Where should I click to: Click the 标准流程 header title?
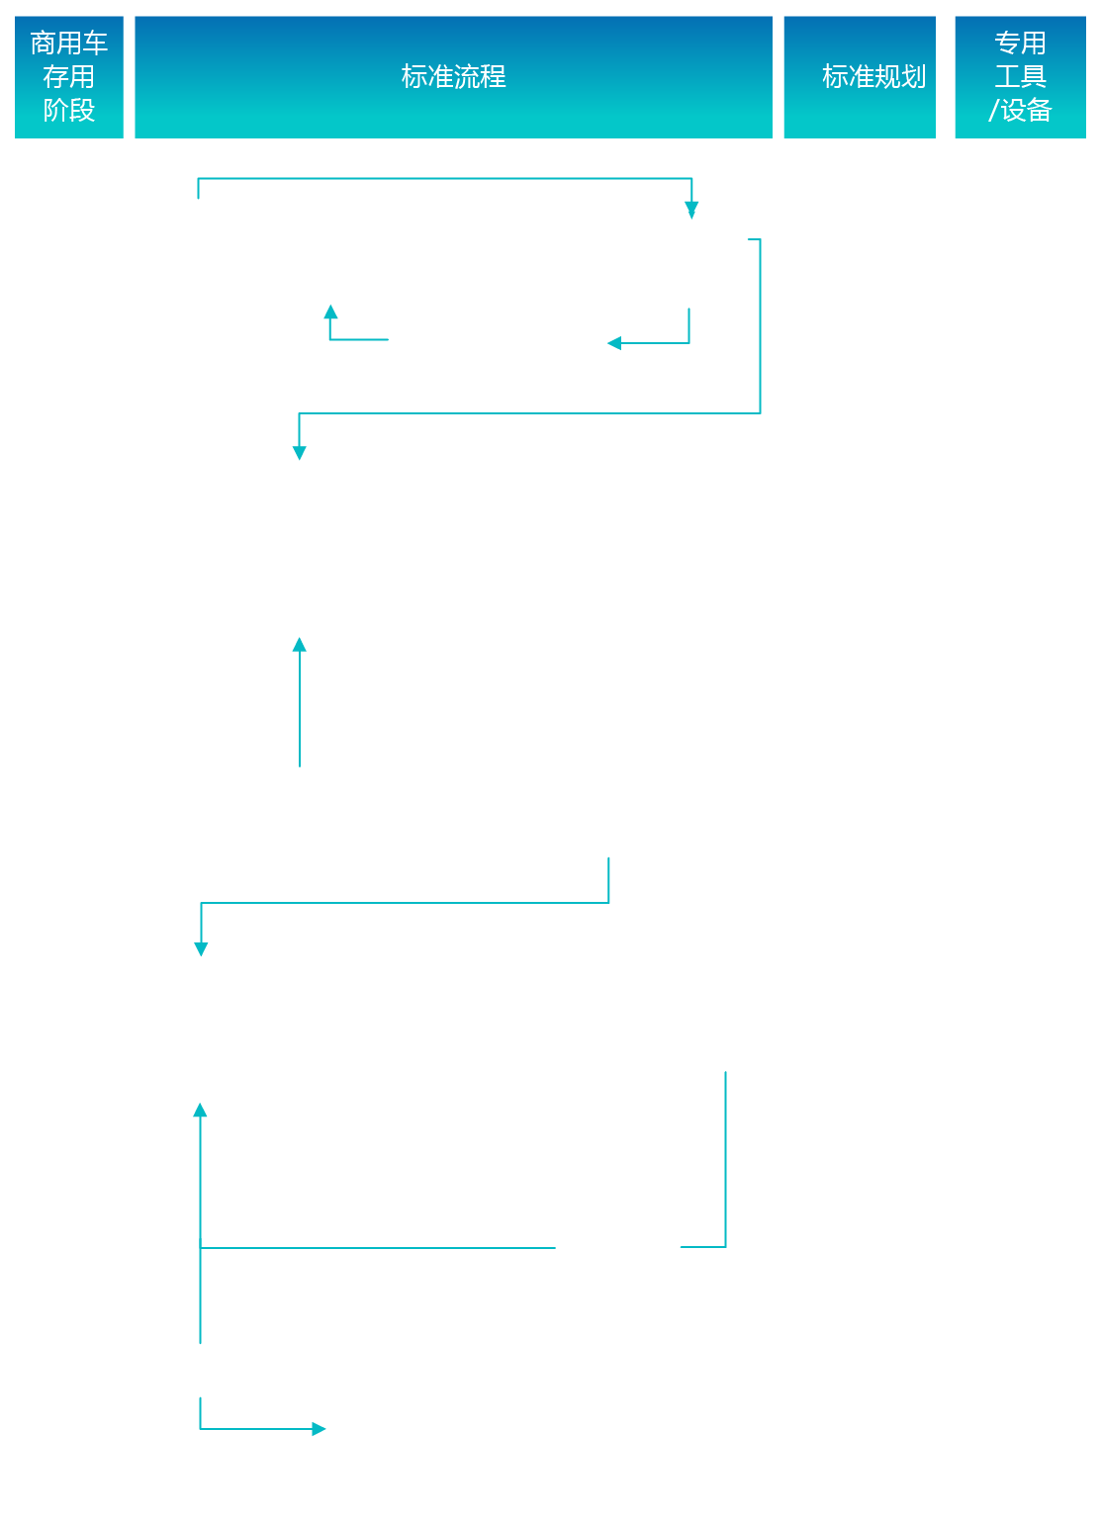[x=453, y=77]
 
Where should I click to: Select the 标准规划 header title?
[x=873, y=77]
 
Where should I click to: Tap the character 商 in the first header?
[x=44, y=44]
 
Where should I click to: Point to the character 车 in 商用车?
[x=95, y=44]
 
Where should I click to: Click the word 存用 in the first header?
[x=68, y=77]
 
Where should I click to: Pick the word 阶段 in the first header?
[x=68, y=110]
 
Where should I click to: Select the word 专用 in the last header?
[x=1020, y=44]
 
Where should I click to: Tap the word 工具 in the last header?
[x=1020, y=77]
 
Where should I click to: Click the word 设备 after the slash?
[x=1027, y=110]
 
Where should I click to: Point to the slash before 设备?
[x=994, y=110]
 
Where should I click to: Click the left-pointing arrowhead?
[x=614, y=343]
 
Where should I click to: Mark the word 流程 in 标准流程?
[x=480, y=77]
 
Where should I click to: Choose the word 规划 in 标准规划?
[x=900, y=77]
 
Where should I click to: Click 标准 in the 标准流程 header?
[x=427, y=77]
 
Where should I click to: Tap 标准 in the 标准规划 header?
[x=848, y=77]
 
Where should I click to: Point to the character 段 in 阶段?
[x=82, y=110]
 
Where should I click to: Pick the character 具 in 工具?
[x=1034, y=77]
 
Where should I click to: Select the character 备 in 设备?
[x=1040, y=110]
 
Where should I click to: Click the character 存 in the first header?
[x=55, y=77]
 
